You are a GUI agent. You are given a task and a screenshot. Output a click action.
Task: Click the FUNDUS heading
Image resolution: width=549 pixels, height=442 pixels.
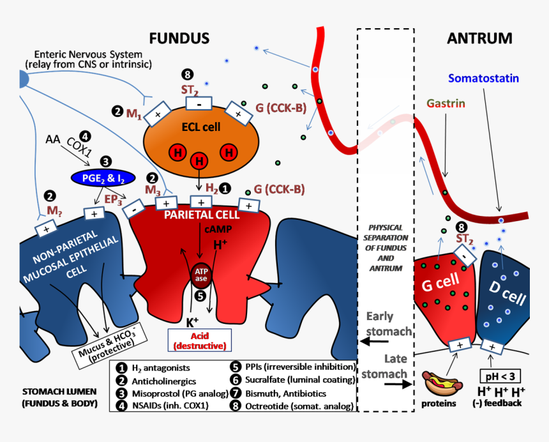pyautogui.click(x=179, y=39)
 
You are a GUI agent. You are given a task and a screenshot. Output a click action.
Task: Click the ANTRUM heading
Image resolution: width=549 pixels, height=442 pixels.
pyautogui.click(x=479, y=39)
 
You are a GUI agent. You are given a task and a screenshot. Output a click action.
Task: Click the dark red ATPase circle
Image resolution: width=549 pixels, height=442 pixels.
pyautogui.click(x=200, y=274)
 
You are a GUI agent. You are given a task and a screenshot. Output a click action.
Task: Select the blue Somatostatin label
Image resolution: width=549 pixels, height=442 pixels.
pyautogui.click(x=483, y=79)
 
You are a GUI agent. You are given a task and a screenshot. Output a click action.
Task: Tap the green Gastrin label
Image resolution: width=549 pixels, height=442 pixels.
pyautogui.click(x=446, y=103)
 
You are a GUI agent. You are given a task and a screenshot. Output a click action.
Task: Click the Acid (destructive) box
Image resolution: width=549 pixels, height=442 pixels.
pyautogui.click(x=199, y=340)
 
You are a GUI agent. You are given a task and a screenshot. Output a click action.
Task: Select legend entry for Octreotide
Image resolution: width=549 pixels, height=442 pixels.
pyautogui.click(x=291, y=405)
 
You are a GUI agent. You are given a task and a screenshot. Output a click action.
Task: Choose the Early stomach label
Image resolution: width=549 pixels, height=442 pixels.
pyautogui.click(x=389, y=323)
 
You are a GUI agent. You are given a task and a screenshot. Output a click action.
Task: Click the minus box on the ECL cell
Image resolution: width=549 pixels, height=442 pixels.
pyautogui.click(x=199, y=103)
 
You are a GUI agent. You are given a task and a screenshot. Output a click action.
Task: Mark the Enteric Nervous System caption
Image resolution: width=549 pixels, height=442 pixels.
pyautogui.click(x=89, y=59)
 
